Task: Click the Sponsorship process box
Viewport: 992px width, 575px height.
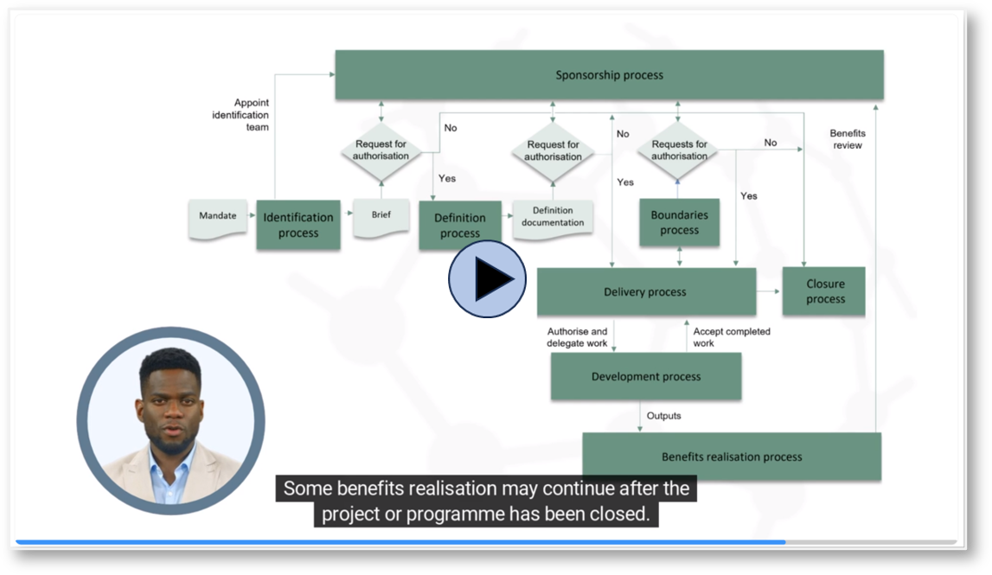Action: (x=609, y=74)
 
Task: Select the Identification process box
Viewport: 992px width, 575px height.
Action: (x=298, y=225)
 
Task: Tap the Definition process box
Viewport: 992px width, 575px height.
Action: (x=460, y=225)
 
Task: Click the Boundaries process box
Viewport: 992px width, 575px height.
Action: (x=680, y=222)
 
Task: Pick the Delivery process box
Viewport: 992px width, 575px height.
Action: (x=646, y=291)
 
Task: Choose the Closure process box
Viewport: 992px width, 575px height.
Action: (x=823, y=291)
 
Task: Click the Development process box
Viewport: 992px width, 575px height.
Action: (x=646, y=376)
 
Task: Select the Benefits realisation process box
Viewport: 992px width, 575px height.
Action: (x=732, y=456)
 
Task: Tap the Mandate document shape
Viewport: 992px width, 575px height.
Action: (x=218, y=219)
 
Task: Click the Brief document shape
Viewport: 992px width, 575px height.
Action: (x=381, y=218)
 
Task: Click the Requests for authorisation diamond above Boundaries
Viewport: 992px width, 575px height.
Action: (x=679, y=150)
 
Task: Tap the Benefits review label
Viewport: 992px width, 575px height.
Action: (x=847, y=139)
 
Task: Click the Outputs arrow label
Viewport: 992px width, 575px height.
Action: (x=663, y=416)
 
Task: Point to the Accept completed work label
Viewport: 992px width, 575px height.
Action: (x=732, y=337)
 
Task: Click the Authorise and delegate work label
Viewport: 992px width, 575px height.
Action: (x=577, y=337)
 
